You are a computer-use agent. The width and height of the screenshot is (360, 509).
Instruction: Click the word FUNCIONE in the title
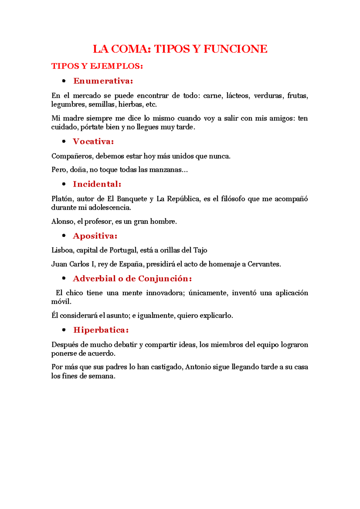pos(235,49)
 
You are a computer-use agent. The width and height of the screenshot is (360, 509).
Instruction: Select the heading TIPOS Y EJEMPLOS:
pos(97,66)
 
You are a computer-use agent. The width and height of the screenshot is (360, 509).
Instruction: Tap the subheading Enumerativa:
pos(103,81)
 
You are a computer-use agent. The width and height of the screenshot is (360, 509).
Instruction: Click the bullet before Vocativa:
pos(64,141)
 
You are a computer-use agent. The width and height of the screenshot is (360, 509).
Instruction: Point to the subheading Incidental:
pos(97,184)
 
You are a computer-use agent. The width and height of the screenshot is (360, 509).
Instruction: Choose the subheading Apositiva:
pos(95,236)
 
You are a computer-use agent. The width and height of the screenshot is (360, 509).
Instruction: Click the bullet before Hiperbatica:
pos(64,330)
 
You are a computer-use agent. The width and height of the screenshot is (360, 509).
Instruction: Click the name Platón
pos(62,199)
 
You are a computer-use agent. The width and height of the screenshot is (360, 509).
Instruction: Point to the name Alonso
pos(62,222)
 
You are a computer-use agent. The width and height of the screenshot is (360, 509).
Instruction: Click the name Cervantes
pos(264,264)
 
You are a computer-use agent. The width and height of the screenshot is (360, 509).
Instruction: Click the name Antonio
pos(198,367)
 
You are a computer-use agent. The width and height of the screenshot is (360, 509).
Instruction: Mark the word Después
pos(64,345)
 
